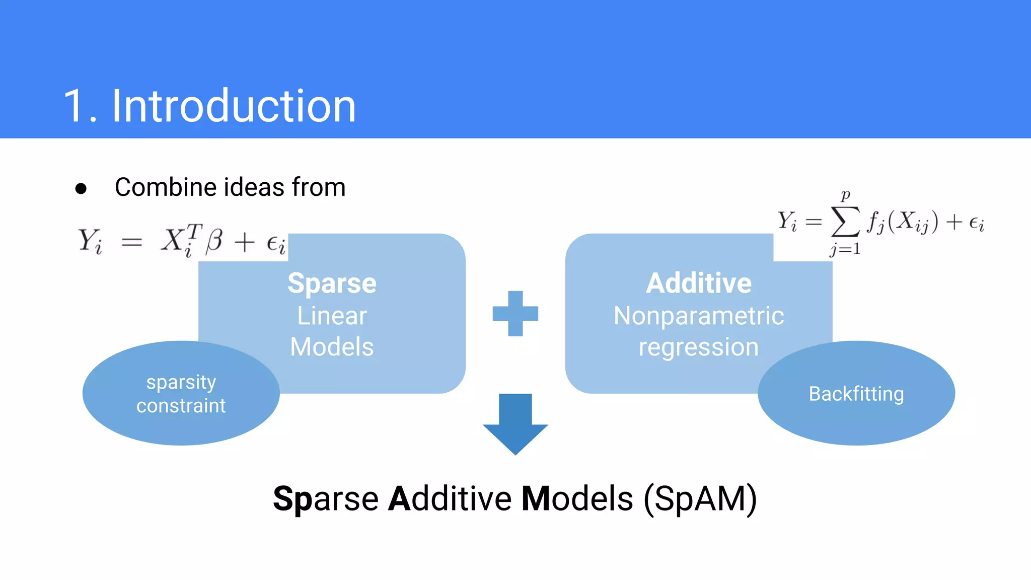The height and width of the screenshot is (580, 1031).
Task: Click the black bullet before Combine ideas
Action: pyautogui.click(x=81, y=189)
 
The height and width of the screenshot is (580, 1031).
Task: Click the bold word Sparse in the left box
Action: pyautogui.click(x=332, y=283)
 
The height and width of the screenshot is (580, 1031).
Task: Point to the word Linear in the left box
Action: pyautogui.click(x=332, y=316)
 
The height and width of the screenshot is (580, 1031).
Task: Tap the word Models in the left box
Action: pyautogui.click(x=332, y=347)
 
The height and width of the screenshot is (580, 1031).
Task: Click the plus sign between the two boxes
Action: pyautogui.click(x=515, y=313)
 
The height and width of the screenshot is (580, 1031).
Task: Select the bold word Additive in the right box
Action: pyautogui.click(x=699, y=283)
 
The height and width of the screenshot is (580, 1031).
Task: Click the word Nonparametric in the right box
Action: pyautogui.click(x=699, y=316)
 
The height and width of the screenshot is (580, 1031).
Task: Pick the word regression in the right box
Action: pyautogui.click(x=699, y=347)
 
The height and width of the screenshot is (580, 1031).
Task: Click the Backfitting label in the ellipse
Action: pyautogui.click(x=856, y=394)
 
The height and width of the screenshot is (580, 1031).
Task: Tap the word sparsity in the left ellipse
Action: pyautogui.click(x=181, y=383)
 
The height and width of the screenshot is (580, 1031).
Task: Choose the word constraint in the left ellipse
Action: pyautogui.click(x=181, y=406)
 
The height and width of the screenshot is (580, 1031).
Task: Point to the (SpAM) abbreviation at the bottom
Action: pyautogui.click(x=700, y=499)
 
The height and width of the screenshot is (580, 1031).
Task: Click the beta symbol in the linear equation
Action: pyautogui.click(x=214, y=241)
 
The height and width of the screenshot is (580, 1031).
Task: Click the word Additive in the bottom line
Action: pyautogui.click(x=450, y=499)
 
